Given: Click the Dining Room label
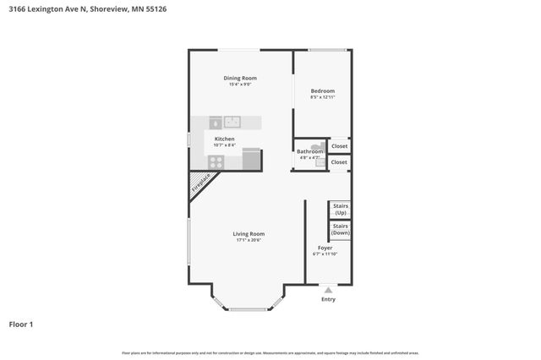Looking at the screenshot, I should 240,78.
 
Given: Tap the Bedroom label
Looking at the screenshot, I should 322,91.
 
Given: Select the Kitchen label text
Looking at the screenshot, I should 224,139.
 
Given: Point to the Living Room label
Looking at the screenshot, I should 249,234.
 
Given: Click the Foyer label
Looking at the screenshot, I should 325,248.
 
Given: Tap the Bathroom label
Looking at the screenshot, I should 309,151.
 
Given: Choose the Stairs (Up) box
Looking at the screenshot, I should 340,209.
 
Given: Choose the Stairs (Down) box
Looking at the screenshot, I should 340,229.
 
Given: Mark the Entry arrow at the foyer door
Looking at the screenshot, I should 328,290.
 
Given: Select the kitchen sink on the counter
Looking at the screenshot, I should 233,122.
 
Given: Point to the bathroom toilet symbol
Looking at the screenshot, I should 315,145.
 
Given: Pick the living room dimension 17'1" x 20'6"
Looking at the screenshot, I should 249,241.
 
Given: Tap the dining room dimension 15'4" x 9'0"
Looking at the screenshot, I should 240,85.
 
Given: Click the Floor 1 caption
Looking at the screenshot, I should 21,324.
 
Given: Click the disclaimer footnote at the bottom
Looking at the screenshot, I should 270,352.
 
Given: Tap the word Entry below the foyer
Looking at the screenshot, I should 328,299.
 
